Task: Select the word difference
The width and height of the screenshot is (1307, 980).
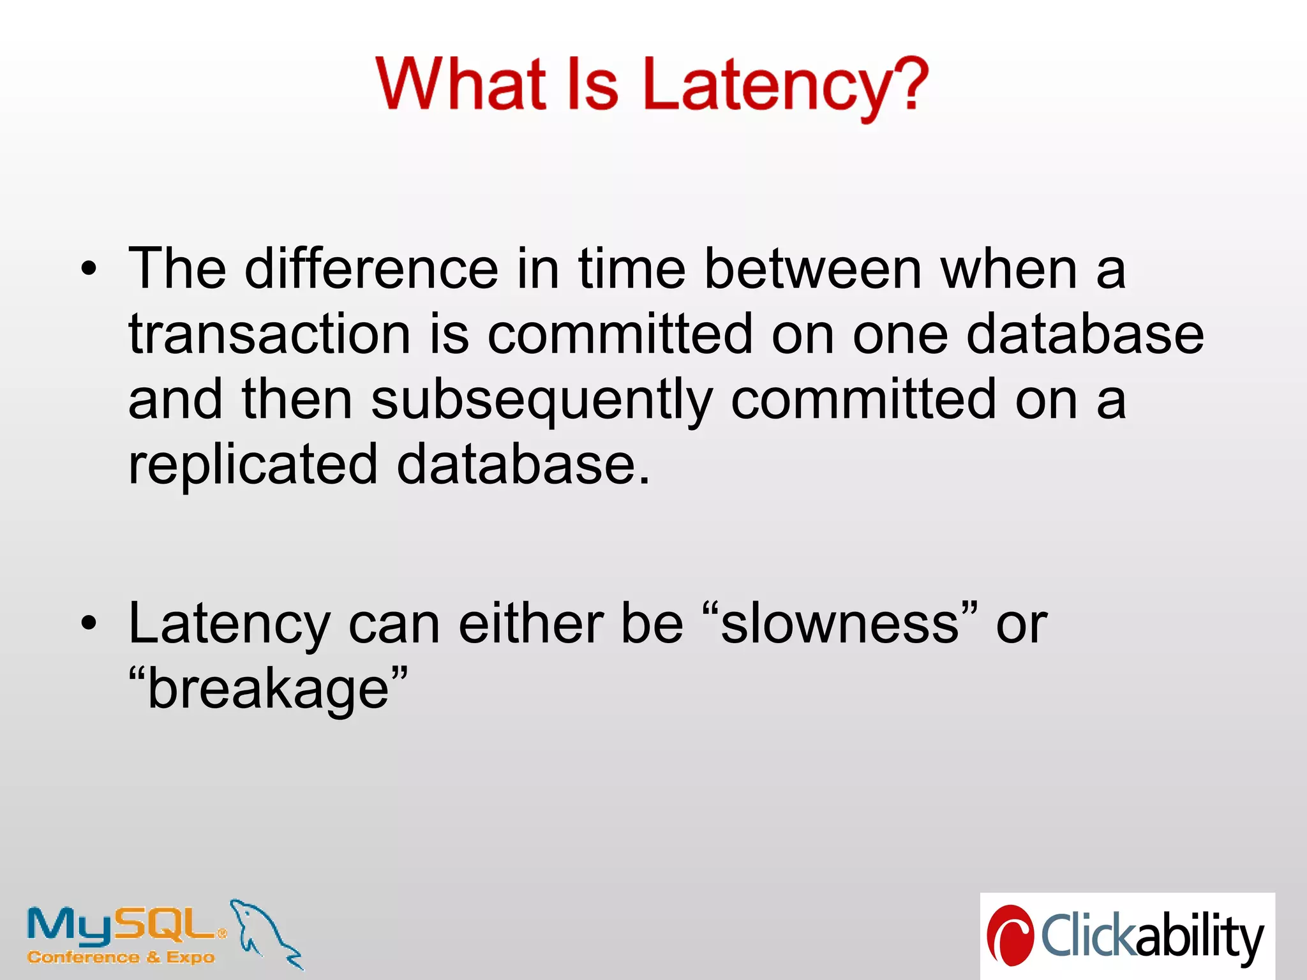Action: (x=371, y=269)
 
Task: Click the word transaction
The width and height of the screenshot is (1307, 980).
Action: (x=269, y=334)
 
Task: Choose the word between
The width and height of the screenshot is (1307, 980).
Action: (x=813, y=269)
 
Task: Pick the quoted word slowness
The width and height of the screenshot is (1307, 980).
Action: (x=840, y=623)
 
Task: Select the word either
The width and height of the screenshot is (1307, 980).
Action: (x=531, y=623)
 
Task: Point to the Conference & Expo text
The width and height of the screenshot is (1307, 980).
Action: (x=121, y=958)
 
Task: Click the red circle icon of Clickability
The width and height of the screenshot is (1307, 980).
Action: (x=1010, y=935)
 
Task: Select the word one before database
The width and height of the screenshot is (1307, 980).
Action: (x=900, y=336)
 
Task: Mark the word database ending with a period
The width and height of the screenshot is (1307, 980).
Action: (x=522, y=464)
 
